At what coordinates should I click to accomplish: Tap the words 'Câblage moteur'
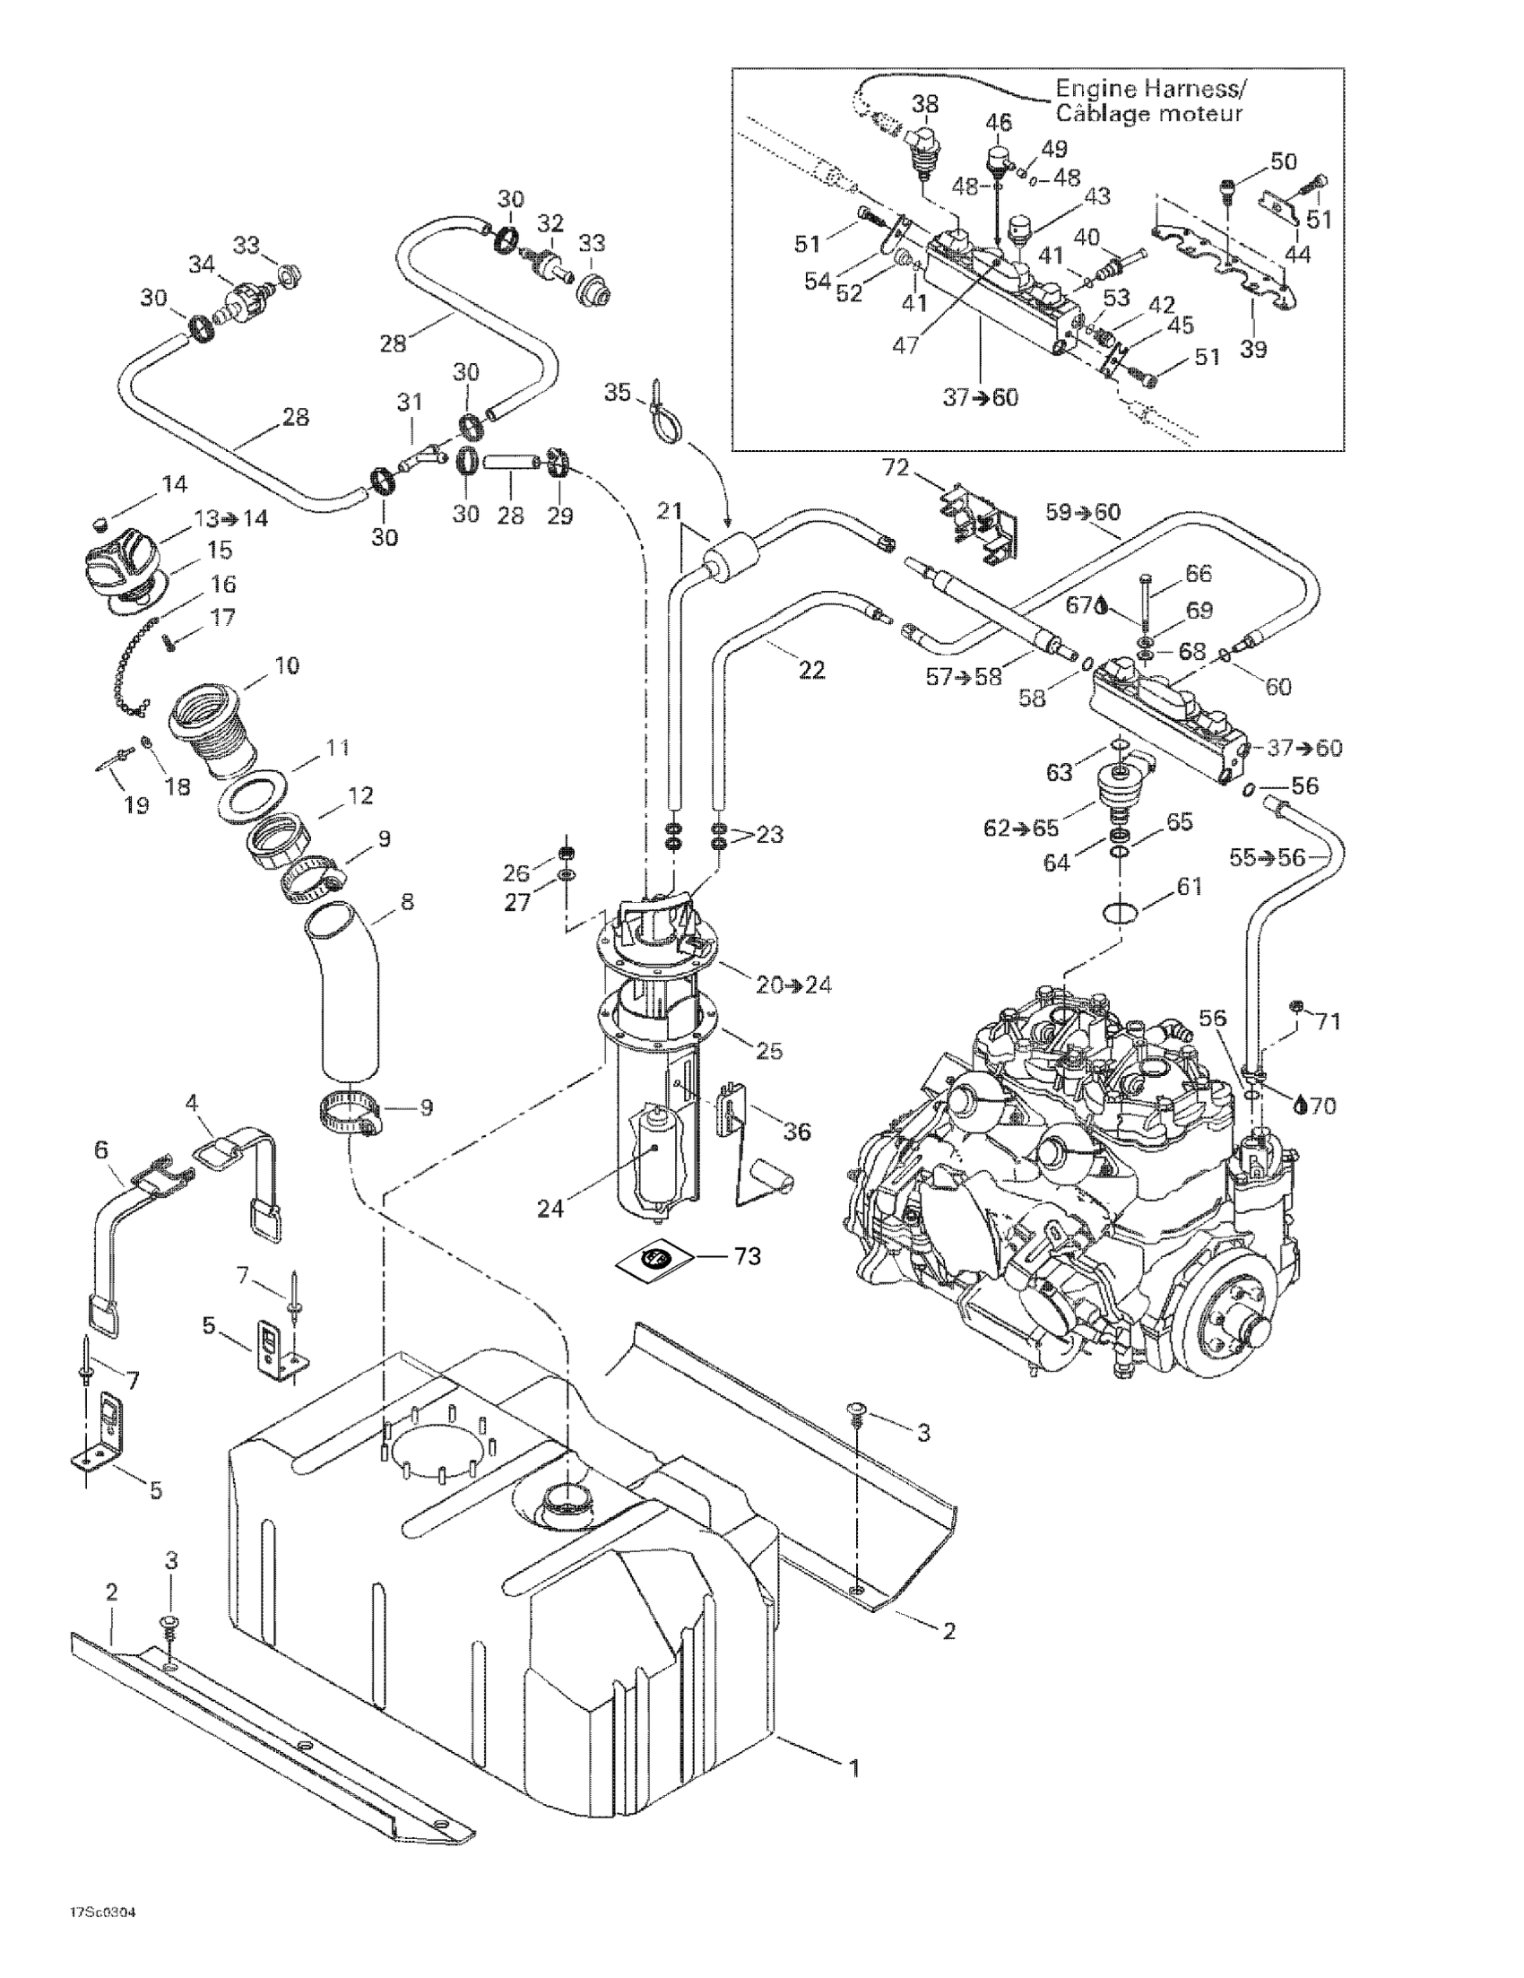tap(1149, 114)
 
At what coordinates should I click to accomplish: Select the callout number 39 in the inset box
tap(1253, 350)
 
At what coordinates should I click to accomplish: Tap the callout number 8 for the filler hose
tap(408, 902)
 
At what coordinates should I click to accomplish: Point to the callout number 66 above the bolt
tap(1198, 573)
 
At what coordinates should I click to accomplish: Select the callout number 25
tap(769, 1051)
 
